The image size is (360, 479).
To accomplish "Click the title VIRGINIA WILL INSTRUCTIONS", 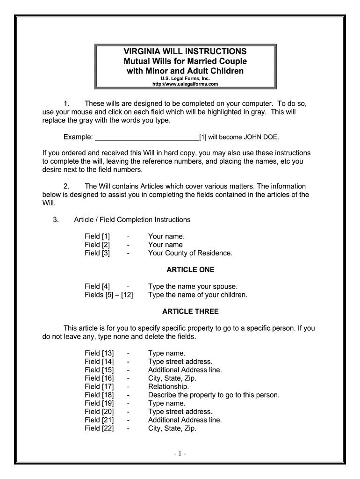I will [185, 51].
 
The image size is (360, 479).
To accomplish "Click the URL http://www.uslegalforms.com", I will [186, 84].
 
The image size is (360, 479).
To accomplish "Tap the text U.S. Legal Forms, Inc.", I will [186, 79].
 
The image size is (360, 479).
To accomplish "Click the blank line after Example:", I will [147, 137].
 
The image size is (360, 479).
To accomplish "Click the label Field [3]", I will [97, 253].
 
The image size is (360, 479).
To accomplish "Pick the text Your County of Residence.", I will [190, 253].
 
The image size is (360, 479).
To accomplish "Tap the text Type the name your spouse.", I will [193, 286].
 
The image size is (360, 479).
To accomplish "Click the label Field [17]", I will [99, 386].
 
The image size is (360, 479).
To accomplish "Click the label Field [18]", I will [99, 395].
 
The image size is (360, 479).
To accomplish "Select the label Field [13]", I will [99, 353].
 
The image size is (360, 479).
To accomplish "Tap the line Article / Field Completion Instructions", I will [132, 220].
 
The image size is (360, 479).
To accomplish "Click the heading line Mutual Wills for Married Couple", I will [185, 61].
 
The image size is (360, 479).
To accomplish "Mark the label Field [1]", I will [97, 236].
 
